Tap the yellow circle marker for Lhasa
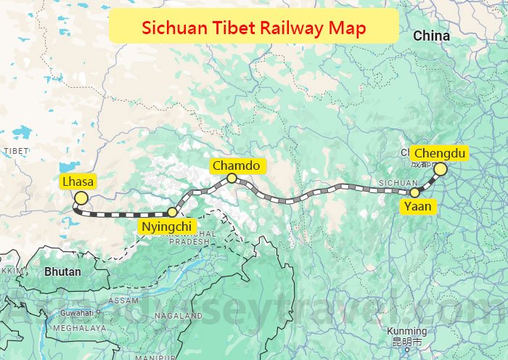[81, 198]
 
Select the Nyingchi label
[165, 226]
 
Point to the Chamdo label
[236, 165]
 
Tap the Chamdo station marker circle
[232, 178]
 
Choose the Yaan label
[417, 206]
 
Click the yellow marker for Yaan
[415, 193]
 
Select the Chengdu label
[439, 153]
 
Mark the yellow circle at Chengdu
[440, 169]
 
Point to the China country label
[431, 36]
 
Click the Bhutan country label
[62, 271]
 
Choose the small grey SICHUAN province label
[398, 183]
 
